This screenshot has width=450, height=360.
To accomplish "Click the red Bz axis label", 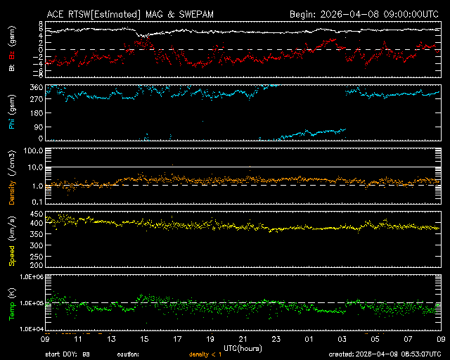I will pos(11,55).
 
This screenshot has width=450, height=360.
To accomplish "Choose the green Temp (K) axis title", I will pos(11,302).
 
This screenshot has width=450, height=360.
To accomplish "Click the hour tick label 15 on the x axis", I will pos(144,339).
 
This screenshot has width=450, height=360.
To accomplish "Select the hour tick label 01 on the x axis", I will pos(309,339).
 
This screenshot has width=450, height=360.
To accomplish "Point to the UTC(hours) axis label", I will pos(243,347).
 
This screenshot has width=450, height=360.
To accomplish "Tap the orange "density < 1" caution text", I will pos(205,354).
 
